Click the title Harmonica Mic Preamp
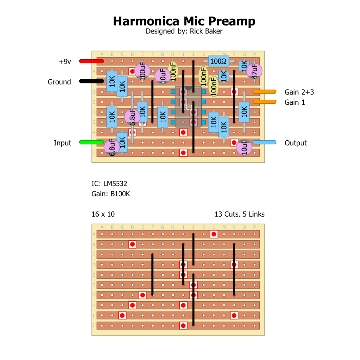point(184,21)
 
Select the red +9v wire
point(91,61)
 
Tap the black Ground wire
point(91,81)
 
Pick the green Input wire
point(91,142)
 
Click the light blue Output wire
point(264,142)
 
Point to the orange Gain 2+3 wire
point(264,92)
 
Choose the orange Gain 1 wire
point(264,102)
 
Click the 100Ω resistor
point(219,61)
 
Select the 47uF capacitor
point(254,71)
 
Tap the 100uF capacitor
point(142,71)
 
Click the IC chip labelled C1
point(188,107)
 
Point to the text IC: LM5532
point(109,184)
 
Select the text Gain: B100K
point(111,194)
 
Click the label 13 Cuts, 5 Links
point(239,214)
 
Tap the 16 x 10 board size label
point(103,214)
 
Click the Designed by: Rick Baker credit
point(184,32)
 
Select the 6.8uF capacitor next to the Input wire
point(112,148)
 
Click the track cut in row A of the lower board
point(214,234)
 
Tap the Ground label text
point(59,82)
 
